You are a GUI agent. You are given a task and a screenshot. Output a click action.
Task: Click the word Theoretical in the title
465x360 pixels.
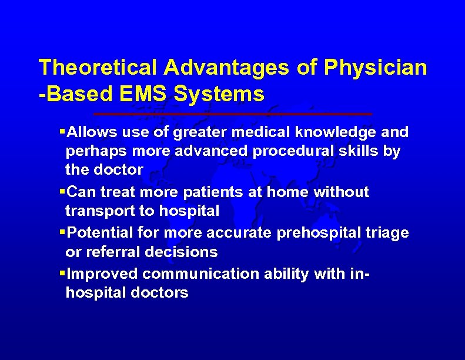coord(98,68)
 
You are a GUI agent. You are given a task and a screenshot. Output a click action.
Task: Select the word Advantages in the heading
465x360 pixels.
coord(226,68)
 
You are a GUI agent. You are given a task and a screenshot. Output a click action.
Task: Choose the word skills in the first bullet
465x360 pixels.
coord(363,151)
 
